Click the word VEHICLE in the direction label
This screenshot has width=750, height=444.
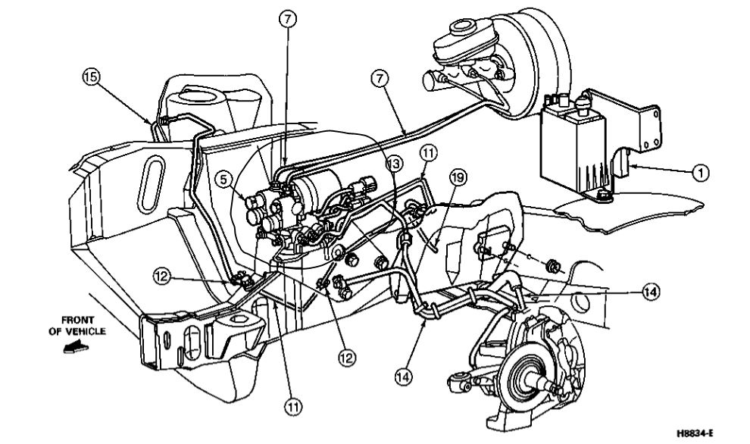[x=88, y=331]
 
